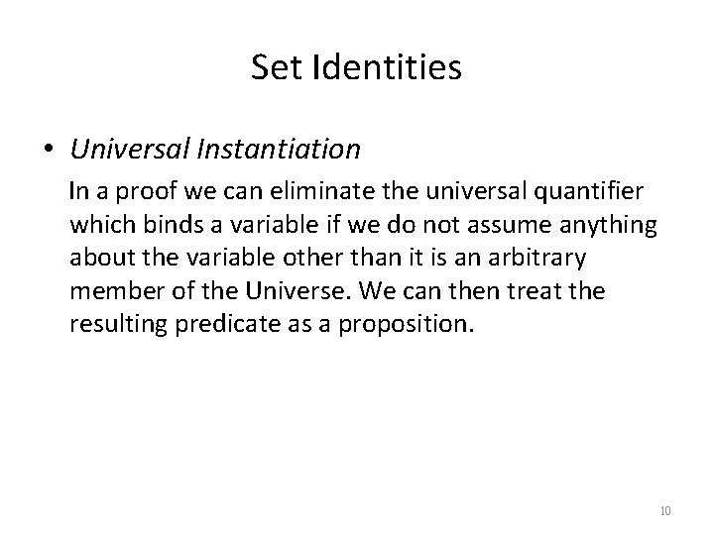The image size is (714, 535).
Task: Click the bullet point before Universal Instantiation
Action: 49,150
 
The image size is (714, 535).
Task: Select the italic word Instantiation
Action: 282,149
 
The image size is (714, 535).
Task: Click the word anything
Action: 612,226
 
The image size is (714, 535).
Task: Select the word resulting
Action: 111,325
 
